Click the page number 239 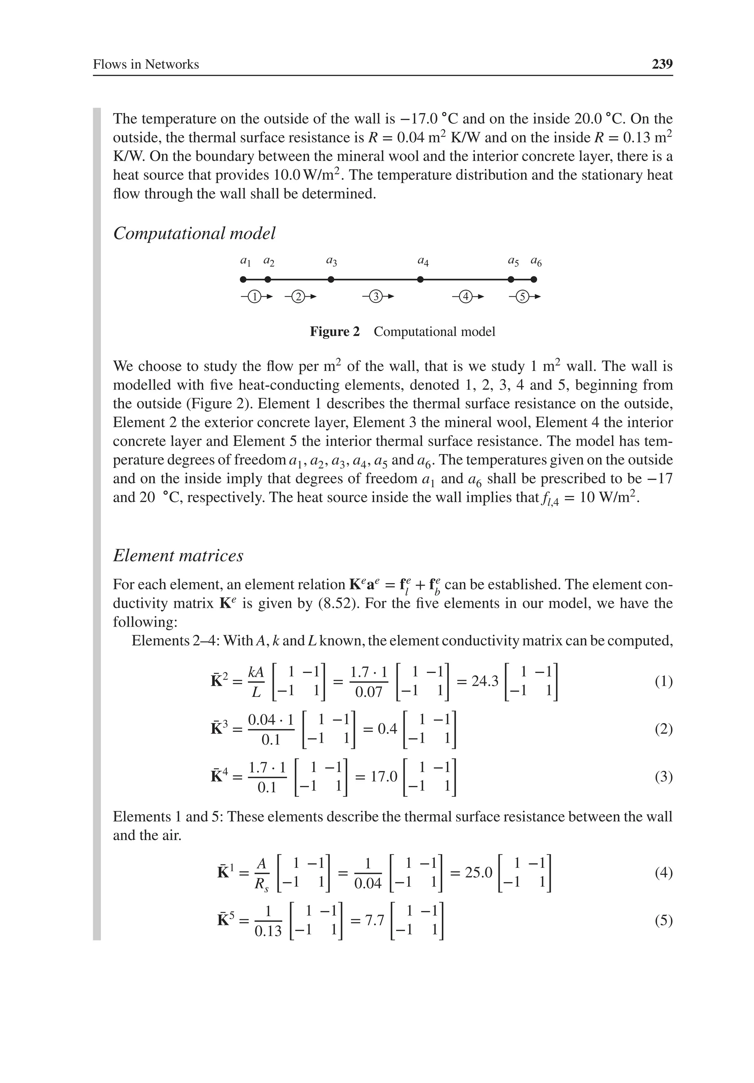pos(662,64)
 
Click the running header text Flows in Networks pos(146,64)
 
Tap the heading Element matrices pos(178,555)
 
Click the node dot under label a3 pos(331,279)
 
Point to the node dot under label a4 pos(420,279)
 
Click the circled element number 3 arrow pos(376,297)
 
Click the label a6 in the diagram pos(536,261)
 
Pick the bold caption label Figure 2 pos(334,332)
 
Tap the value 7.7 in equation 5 pos(374,920)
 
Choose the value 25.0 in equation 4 pos(479,873)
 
